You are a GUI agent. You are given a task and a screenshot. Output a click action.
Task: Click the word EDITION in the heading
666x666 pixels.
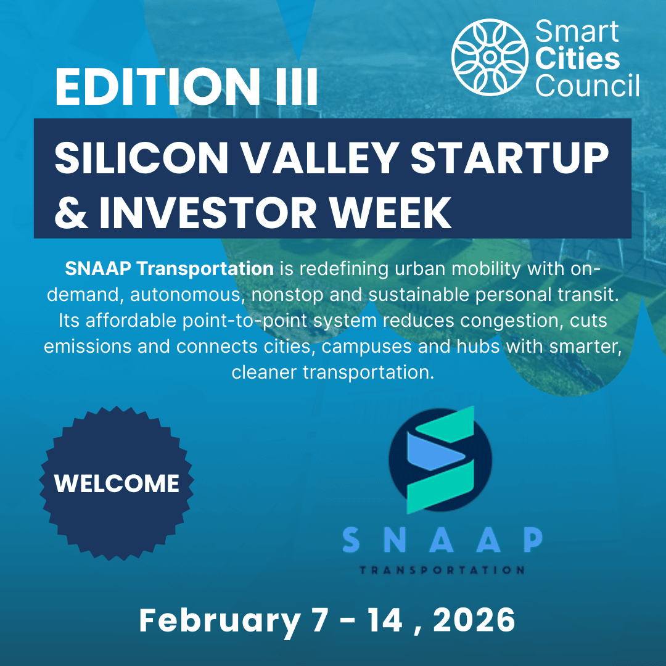[x=155, y=87]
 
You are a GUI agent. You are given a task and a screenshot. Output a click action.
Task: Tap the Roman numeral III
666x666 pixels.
[x=293, y=87]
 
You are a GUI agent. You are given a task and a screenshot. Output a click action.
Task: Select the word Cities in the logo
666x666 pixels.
[x=577, y=60]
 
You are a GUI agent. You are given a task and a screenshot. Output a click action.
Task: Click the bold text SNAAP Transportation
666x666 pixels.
[x=169, y=269]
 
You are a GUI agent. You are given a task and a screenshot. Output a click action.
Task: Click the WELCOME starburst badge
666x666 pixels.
[x=117, y=483]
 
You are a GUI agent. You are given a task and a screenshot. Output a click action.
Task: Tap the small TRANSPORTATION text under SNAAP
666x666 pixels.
[x=442, y=570]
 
